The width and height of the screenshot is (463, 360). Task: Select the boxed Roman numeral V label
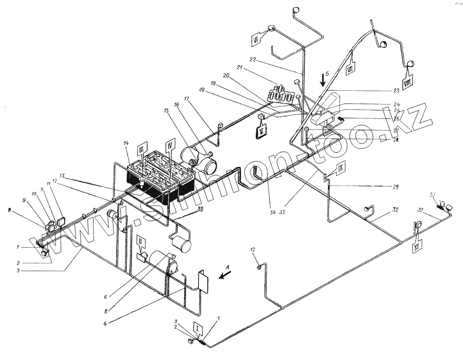[x=262, y=131]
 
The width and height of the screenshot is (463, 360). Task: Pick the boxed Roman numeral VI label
[x=256, y=42]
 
